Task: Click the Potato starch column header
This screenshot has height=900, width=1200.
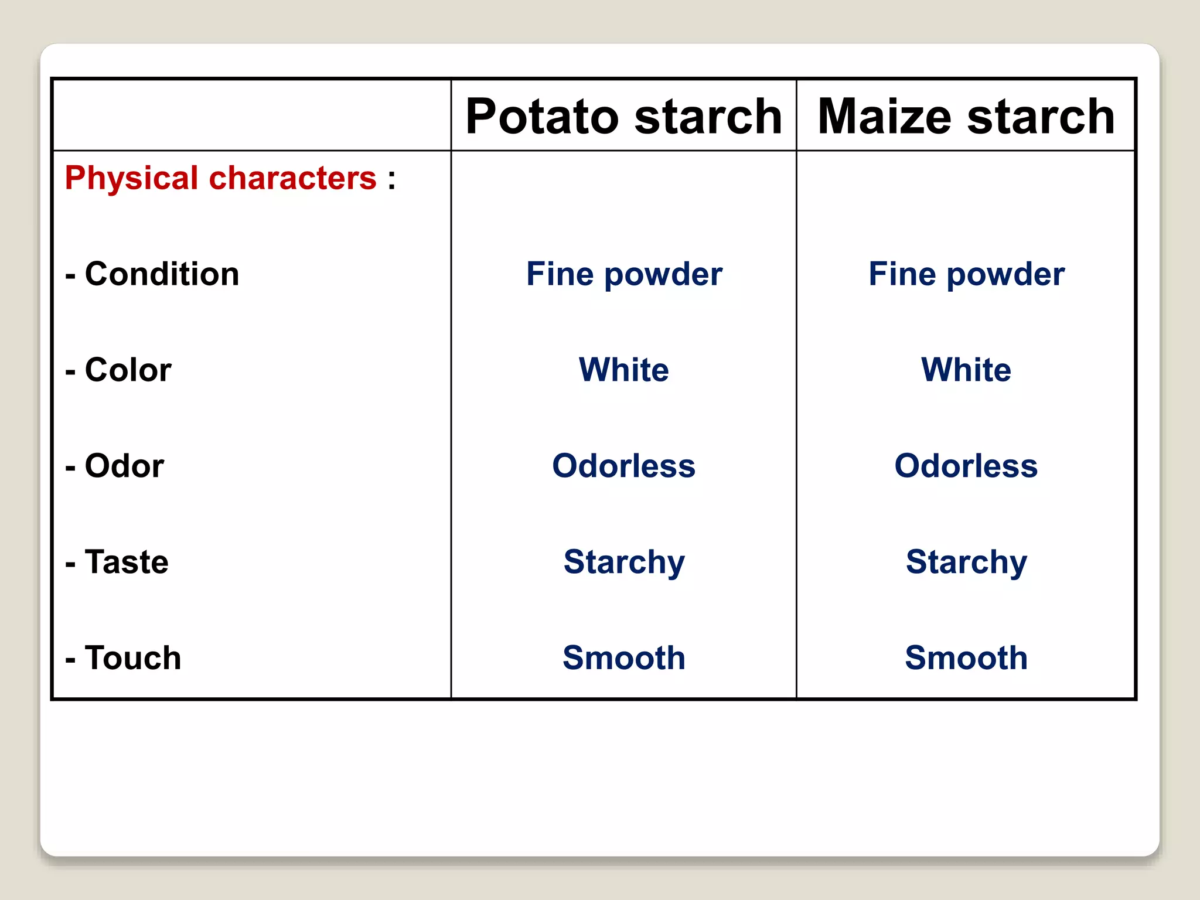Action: point(623,116)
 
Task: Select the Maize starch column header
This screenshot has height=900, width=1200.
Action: point(966,116)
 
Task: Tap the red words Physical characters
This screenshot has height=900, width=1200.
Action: point(220,178)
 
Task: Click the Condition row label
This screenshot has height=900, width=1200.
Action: point(152,274)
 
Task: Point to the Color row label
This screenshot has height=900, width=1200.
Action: point(118,370)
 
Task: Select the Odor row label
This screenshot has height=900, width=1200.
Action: point(115,466)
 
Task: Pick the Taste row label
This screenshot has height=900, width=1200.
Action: point(117,561)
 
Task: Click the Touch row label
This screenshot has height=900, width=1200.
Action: point(123,657)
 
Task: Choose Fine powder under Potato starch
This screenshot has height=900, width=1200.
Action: point(624,274)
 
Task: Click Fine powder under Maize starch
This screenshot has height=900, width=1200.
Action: point(966,274)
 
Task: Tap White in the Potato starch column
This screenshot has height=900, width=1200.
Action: point(624,370)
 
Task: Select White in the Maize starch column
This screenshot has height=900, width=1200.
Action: point(966,370)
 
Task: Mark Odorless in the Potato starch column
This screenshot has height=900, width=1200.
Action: point(624,466)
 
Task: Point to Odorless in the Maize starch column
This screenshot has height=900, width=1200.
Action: point(966,466)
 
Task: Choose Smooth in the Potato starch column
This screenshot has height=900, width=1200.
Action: point(624,657)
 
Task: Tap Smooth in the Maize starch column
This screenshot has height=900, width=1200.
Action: point(966,657)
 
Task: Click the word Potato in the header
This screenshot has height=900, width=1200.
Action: point(542,116)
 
